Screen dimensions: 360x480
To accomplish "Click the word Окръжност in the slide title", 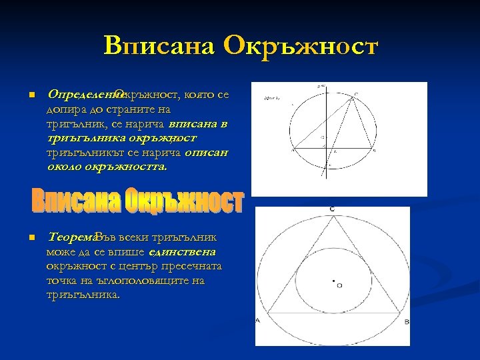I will click(301, 47).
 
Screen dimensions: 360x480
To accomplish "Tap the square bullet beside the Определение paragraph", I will click(31, 95).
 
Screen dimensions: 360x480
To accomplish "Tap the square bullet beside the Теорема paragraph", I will click(31, 238).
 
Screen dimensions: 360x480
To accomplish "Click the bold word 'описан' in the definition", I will click(207, 153).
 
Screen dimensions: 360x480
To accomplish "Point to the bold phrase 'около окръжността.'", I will click(107, 167).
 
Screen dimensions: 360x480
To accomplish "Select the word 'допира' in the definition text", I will click(65, 109).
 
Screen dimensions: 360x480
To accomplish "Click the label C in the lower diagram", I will click(332, 210).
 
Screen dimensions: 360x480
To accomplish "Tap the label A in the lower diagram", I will click(257, 321).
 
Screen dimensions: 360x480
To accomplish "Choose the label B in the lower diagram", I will click(407, 321).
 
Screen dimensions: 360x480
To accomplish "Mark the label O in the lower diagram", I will click(339, 285).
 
